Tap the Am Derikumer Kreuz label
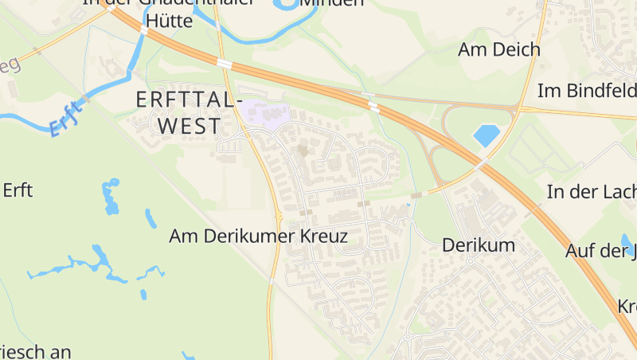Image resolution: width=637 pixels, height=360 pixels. pyautogui.click(x=259, y=237)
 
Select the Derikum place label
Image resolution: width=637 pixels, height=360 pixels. pyautogui.click(x=479, y=245)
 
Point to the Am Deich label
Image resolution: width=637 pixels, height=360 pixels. pyautogui.click(x=499, y=49)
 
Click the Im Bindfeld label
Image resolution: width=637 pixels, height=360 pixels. pyautogui.click(x=587, y=91)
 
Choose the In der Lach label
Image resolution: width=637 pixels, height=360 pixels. pyautogui.click(x=591, y=192)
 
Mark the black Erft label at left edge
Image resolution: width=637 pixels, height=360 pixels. pyautogui.click(x=18, y=190)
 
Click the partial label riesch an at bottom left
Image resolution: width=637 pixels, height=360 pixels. pyautogui.click(x=36, y=351)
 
